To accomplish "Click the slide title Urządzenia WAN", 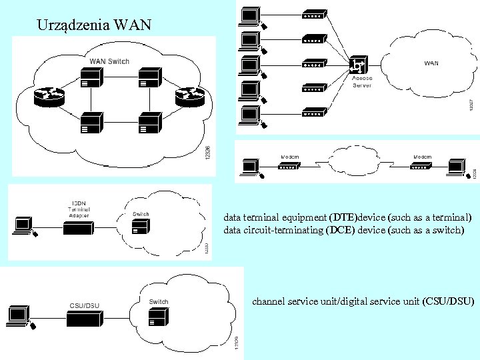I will (94, 26).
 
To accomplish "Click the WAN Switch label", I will (109, 61).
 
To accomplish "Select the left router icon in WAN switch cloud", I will (49, 97).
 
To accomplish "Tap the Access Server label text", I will (362, 82).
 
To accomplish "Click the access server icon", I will (359, 66).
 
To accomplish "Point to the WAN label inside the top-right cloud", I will (431, 63).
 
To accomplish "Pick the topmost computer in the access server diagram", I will (250, 16).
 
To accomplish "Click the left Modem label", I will (289, 157).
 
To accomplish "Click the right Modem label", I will (423, 157).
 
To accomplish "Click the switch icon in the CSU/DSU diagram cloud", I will (158, 318).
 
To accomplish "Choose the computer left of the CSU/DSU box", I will (19, 315).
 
